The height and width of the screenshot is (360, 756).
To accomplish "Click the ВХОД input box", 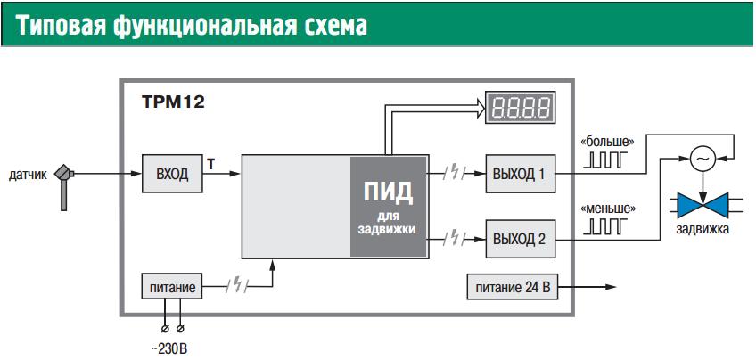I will pyautogui.click(x=172, y=173).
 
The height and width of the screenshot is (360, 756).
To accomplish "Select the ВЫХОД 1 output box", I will pyautogui.click(x=520, y=173).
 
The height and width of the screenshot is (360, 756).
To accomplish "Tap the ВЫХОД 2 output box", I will pyautogui.click(x=520, y=238).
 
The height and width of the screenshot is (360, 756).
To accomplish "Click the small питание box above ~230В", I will pyautogui.click(x=169, y=287).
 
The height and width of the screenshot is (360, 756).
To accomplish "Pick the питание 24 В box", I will pyautogui.click(x=511, y=287).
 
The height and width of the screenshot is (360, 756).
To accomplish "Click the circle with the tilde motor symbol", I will pyautogui.click(x=703, y=158).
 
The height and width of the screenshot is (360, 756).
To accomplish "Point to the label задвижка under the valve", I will pyautogui.click(x=703, y=229).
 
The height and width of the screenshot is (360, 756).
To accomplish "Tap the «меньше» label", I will pyautogui.click(x=607, y=209).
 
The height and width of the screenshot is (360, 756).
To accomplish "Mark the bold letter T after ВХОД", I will pyautogui.click(x=210, y=164).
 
